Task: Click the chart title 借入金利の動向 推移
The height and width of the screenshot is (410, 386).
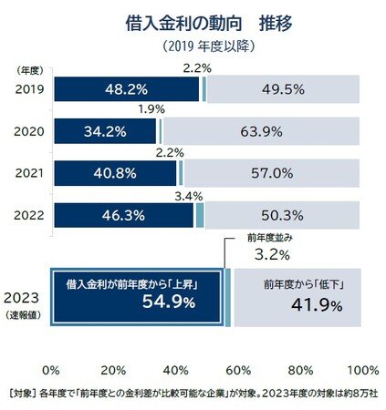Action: tap(209, 24)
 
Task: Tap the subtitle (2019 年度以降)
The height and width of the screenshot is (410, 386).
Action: tap(208, 46)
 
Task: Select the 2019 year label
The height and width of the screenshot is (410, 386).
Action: tap(29, 89)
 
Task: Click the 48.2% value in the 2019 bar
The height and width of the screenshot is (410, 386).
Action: tap(126, 89)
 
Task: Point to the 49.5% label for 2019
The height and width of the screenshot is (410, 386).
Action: tap(283, 89)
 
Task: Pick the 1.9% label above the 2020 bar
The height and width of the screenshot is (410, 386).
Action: tap(151, 109)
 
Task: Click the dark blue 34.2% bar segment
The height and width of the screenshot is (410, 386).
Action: tap(105, 131)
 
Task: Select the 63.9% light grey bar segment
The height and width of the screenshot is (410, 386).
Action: tap(261, 131)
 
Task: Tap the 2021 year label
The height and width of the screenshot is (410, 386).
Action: tap(29, 173)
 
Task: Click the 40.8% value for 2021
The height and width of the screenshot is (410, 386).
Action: tap(115, 173)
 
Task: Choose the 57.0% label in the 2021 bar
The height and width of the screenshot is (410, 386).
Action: tap(272, 173)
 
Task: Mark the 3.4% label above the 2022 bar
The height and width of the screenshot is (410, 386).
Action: tap(189, 197)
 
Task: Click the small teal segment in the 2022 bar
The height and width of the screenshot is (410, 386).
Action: tap(200, 215)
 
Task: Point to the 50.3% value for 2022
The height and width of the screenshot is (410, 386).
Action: tap(282, 216)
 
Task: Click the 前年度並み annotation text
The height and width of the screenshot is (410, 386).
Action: tap(270, 238)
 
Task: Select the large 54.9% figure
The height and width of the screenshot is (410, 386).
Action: tap(169, 302)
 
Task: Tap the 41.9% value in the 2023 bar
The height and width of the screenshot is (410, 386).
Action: tap(317, 305)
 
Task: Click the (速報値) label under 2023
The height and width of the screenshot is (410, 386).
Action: tap(23, 315)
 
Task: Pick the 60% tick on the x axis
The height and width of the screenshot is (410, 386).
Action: tap(238, 371)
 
